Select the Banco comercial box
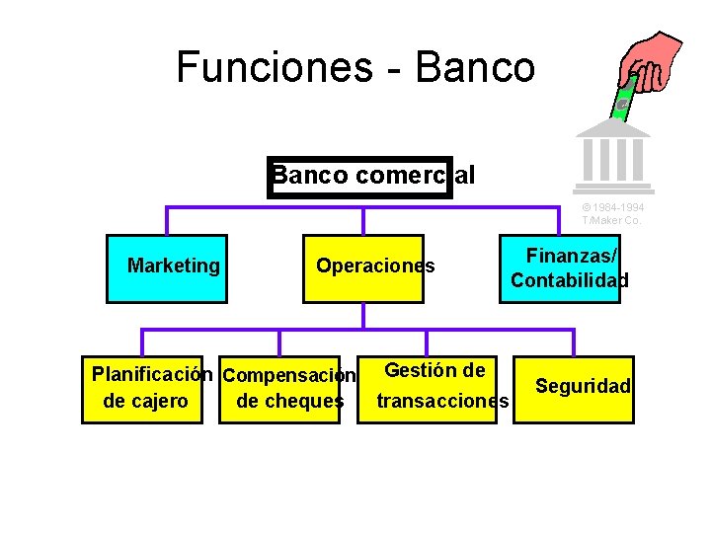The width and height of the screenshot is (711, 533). pyautogui.click(x=360, y=176)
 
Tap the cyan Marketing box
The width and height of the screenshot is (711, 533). pyautogui.click(x=167, y=266)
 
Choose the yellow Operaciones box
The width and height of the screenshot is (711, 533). pyautogui.click(x=363, y=266)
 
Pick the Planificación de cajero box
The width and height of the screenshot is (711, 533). pyautogui.click(x=142, y=389)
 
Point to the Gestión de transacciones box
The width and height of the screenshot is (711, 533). pyautogui.click(x=435, y=386)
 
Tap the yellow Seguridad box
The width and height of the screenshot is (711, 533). pyautogui.click(x=576, y=389)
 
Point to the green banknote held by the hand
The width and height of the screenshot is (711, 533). pyautogui.click(x=622, y=99)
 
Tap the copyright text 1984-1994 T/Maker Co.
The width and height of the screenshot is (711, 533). pyautogui.click(x=612, y=214)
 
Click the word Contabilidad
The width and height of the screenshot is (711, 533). pyautogui.click(x=570, y=280)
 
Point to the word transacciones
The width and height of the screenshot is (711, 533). pyautogui.click(x=442, y=401)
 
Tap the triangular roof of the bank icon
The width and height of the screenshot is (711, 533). pyautogui.click(x=613, y=128)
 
